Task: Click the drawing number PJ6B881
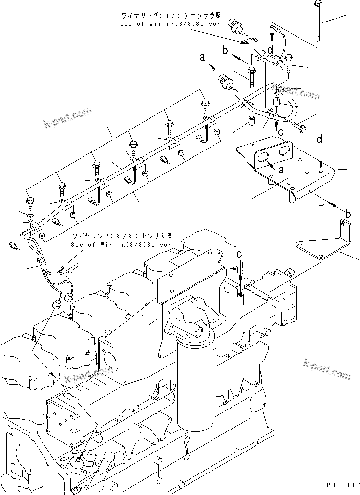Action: pyautogui.click(x=343, y=485)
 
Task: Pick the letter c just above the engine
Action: pyautogui.click(x=239, y=254)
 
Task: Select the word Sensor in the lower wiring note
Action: pyautogui.click(x=159, y=244)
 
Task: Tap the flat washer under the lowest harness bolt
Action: pyautogui.click(x=30, y=215)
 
